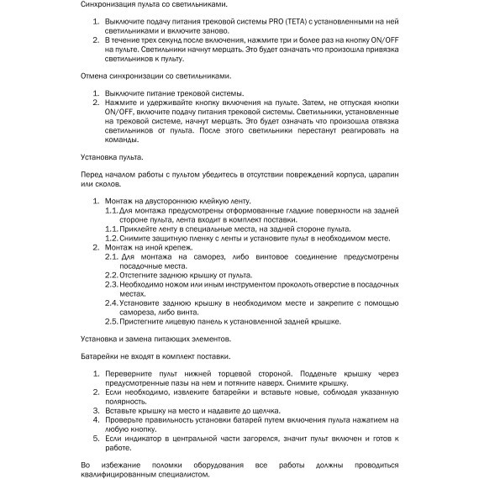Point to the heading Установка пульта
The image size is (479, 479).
(x=112, y=157)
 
